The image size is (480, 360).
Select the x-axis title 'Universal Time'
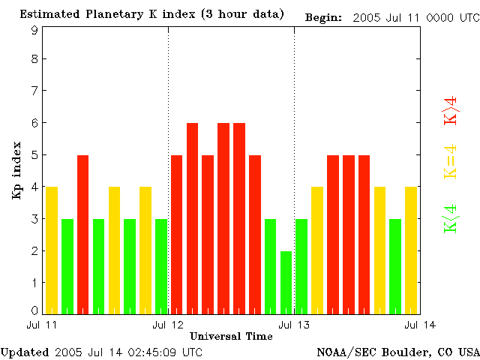point(231,336)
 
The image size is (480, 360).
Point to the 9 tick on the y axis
point(34,30)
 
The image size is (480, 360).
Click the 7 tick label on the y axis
point(34,91)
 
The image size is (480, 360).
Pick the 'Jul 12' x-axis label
point(168,324)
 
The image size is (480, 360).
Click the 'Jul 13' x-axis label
point(294,324)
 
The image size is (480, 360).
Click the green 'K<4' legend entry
point(451,219)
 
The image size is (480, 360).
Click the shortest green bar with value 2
point(286,283)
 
